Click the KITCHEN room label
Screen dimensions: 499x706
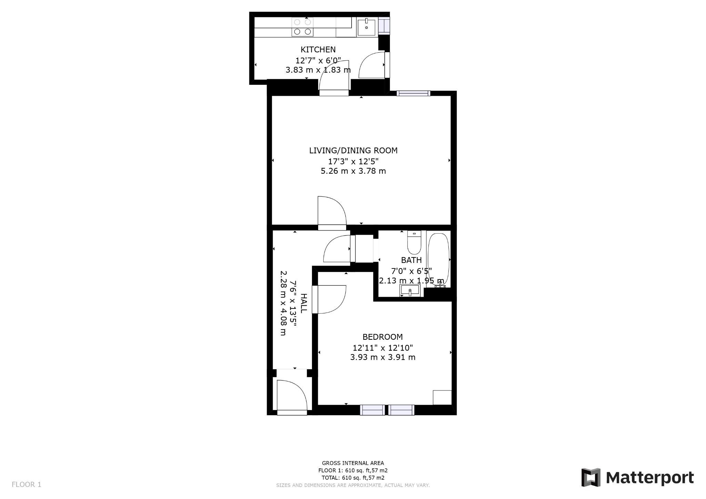point(318,50)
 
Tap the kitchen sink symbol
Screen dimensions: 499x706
point(366,27)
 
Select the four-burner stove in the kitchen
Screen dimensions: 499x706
point(302,27)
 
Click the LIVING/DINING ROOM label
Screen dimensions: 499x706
point(353,151)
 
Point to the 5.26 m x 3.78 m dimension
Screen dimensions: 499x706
point(353,171)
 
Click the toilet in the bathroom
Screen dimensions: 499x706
point(414,243)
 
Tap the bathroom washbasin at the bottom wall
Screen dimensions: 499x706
point(410,290)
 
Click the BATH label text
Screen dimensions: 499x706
point(411,260)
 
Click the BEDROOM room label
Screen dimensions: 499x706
point(382,337)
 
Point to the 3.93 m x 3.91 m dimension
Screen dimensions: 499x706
point(382,357)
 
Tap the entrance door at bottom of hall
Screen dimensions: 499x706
point(292,396)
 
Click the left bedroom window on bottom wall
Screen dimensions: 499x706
point(372,410)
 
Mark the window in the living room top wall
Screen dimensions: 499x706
point(413,93)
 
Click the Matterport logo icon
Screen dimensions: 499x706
point(591,477)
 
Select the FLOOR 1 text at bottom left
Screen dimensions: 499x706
point(27,485)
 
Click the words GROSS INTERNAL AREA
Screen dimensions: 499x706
point(353,463)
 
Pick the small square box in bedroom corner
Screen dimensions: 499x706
point(442,397)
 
